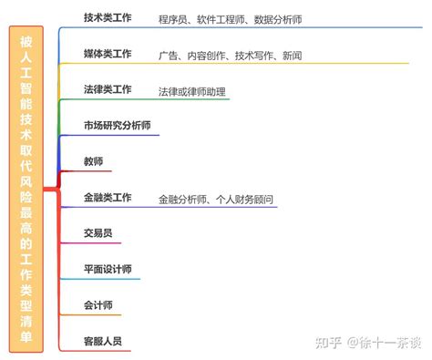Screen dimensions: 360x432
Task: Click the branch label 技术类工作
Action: (108, 17)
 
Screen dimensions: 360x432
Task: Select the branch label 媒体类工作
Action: (108, 54)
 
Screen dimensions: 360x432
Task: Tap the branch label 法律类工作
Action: (108, 89)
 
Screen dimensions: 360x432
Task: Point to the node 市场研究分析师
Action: (117, 126)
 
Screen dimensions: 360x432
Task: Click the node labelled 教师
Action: (93, 161)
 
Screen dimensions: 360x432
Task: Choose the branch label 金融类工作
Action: (108, 197)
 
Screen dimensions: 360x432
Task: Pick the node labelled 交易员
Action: (98, 233)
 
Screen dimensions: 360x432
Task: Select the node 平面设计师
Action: (108, 269)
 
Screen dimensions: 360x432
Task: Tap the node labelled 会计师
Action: (98, 305)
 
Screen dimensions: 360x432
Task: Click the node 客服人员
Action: (102, 341)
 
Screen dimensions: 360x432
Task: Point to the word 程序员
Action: (173, 19)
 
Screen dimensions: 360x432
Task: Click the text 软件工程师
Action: (219, 19)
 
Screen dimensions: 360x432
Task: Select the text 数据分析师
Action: (277, 19)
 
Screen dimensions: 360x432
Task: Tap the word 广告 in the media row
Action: (168, 56)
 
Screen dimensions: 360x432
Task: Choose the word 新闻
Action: (292, 56)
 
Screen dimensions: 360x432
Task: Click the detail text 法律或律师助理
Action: (190, 91)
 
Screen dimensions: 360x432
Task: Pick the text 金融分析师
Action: (183, 199)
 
